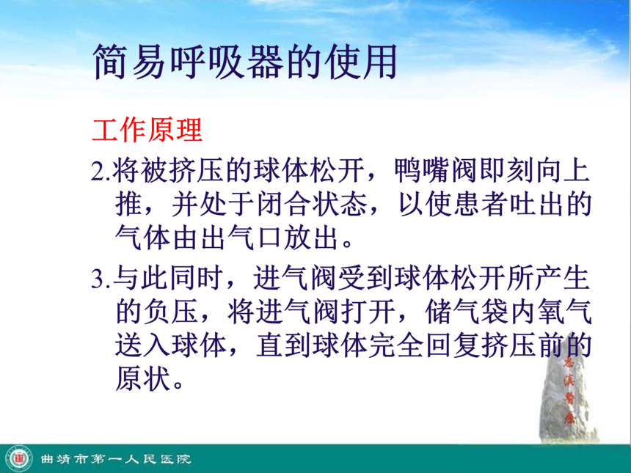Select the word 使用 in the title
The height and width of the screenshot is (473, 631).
tap(362, 62)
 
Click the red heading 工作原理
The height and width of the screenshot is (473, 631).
tap(147, 130)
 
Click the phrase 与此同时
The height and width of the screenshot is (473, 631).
tap(168, 278)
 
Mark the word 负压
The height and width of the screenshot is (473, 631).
tap(171, 312)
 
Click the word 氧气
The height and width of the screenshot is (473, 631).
tap(564, 312)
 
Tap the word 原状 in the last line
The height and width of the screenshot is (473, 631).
tap(143, 378)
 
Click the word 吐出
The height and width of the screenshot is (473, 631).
tap(536, 205)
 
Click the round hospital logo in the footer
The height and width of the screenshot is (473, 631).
tap(18, 458)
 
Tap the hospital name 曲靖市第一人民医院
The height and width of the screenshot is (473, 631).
tap(115, 459)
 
